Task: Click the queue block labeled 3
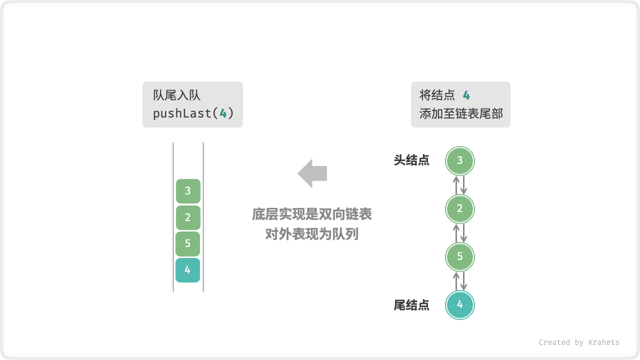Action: (x=188, y=191)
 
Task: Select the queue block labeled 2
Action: (x=188, y=217)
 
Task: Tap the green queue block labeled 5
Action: (x=188, y=243)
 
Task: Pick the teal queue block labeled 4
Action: (x=188, y=270)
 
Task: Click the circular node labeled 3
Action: (x=460, y=161)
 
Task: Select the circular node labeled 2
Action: (x=460, y=209)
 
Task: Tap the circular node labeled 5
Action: (x=460, y=257)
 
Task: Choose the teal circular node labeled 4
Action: (x=460, y=304)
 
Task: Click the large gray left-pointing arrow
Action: (x=312, y=173)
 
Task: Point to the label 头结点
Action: (x=411, y=160)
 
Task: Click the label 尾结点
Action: (x=411, y=305)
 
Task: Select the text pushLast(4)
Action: (x=193, y=113)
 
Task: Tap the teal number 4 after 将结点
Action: (x=466, y=95)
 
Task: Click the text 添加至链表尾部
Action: (x=460, y=113)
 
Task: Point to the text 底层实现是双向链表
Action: (x=312, y=215)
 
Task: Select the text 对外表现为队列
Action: (x=312, y=233)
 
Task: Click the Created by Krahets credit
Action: (x=578, y=342)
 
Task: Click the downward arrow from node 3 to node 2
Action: (x=464, y=185)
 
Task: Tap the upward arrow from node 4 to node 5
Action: (x=456, y=281)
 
